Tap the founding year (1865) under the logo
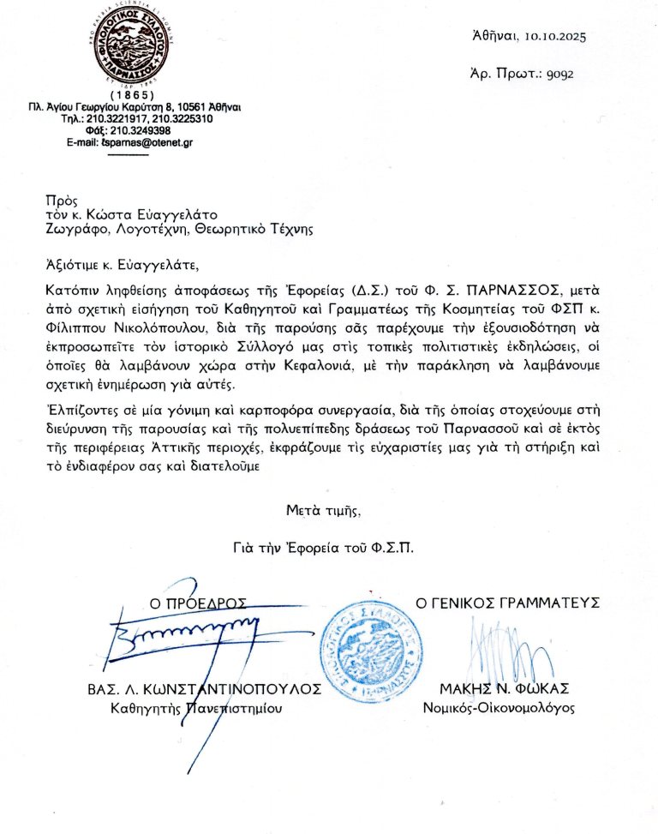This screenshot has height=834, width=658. [129, 93]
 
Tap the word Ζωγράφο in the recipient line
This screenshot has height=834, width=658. [75, 230]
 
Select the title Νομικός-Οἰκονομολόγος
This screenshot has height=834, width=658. [499, 708]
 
